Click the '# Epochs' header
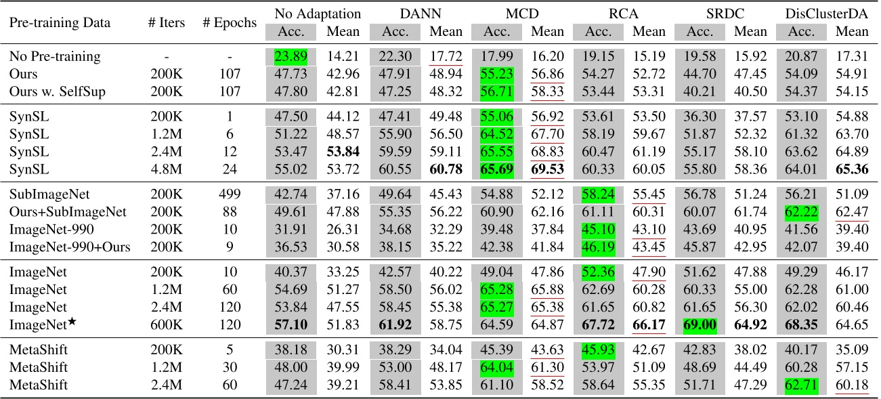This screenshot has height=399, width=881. pos(230,22)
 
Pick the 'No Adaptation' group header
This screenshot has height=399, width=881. pos(318,13)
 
